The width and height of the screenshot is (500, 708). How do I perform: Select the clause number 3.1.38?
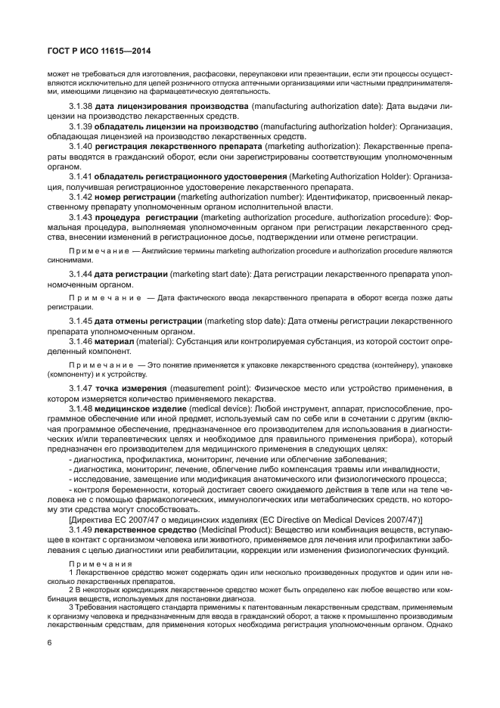point(81,107)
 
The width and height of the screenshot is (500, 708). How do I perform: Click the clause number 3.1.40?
point(81,145)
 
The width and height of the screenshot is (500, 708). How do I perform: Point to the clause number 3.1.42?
point(81,195)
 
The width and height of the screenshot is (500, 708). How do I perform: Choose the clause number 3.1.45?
point(81,321)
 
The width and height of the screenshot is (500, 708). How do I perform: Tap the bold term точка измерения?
point(131,388)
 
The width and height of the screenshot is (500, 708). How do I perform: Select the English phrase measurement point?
point(208,388)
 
